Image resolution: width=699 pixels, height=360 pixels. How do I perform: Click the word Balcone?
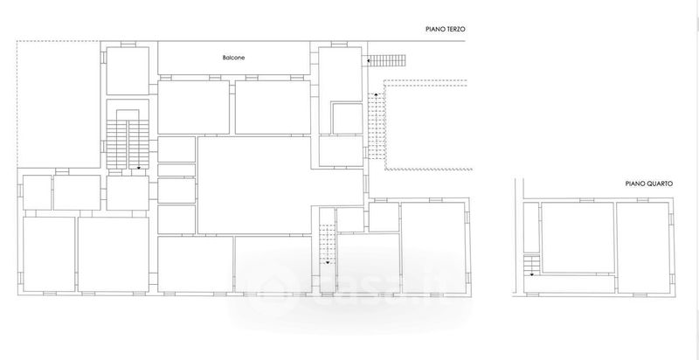coord(233,58)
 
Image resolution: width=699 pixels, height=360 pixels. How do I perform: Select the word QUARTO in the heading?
coord(661,183)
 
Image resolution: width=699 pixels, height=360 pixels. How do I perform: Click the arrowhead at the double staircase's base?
coord(139,168)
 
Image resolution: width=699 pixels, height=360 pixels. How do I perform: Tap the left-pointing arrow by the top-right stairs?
coord(369,59)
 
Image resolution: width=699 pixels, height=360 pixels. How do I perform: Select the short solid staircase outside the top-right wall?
coord(388,60)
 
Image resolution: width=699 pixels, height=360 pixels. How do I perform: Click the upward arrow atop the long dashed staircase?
coord(376,95)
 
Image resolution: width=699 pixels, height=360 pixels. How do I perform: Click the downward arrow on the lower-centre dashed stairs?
coord(327,262)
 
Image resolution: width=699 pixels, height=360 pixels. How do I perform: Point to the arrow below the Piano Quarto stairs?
coord(531,274)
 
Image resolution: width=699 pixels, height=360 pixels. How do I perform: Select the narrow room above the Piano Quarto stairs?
coord(531,228)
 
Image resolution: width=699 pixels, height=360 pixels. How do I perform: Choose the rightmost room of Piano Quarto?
coord(642,248)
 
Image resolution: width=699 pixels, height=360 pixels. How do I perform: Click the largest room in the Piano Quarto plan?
coord(578,238)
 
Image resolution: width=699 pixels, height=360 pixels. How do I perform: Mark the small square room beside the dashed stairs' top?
coord(348,119)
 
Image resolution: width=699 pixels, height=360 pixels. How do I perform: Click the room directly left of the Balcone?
coord(128,71)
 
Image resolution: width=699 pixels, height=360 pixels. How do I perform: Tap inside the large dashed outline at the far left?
coord(58,104)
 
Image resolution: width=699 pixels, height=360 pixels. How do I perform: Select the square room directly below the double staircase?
coord(128,193)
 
